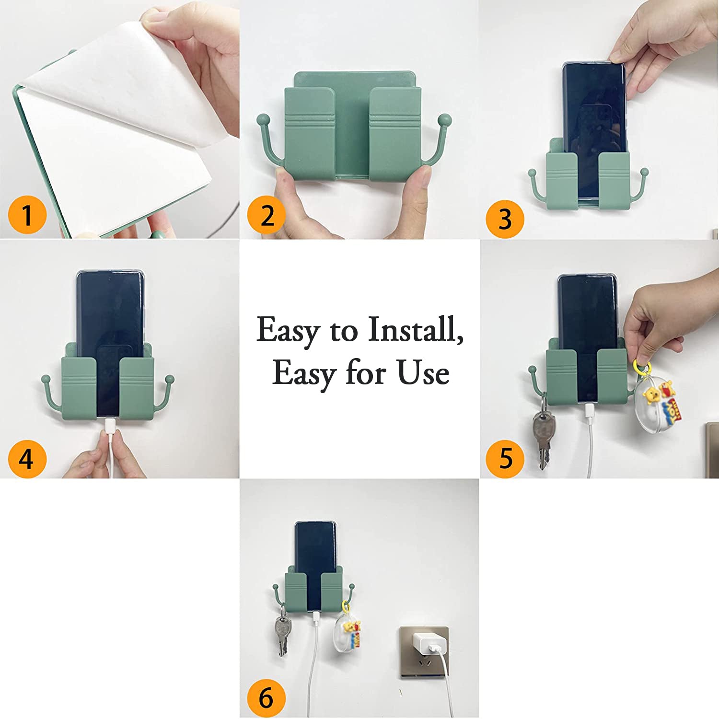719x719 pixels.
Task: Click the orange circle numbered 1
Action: pos(27,215)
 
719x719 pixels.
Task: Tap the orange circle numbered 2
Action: pos(267,215)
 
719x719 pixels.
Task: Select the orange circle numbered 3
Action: pos(505,219)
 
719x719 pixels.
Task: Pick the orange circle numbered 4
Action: pos(27,459)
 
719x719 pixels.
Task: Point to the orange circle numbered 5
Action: pos(505,459)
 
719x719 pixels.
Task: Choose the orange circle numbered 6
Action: pos(267,698)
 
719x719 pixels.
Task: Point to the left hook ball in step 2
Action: pos(263,119)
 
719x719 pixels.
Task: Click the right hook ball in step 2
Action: pos(445,119)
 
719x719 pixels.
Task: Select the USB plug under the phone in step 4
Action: pos(109,425)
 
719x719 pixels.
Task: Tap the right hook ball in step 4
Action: pos(169,380)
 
